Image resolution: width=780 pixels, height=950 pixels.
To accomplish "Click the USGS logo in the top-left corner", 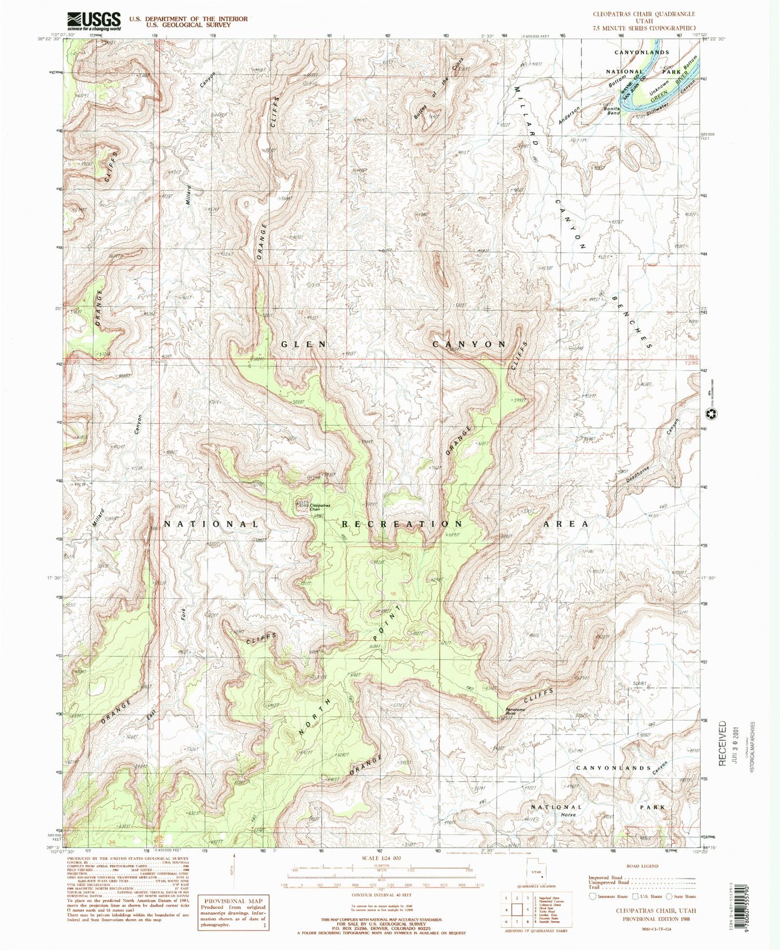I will point(94,21).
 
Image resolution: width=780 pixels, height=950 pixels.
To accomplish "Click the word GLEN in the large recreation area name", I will point(304,344).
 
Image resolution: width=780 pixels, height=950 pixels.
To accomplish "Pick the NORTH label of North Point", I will point(315,717).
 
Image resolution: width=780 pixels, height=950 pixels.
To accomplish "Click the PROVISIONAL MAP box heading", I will point(233,901).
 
